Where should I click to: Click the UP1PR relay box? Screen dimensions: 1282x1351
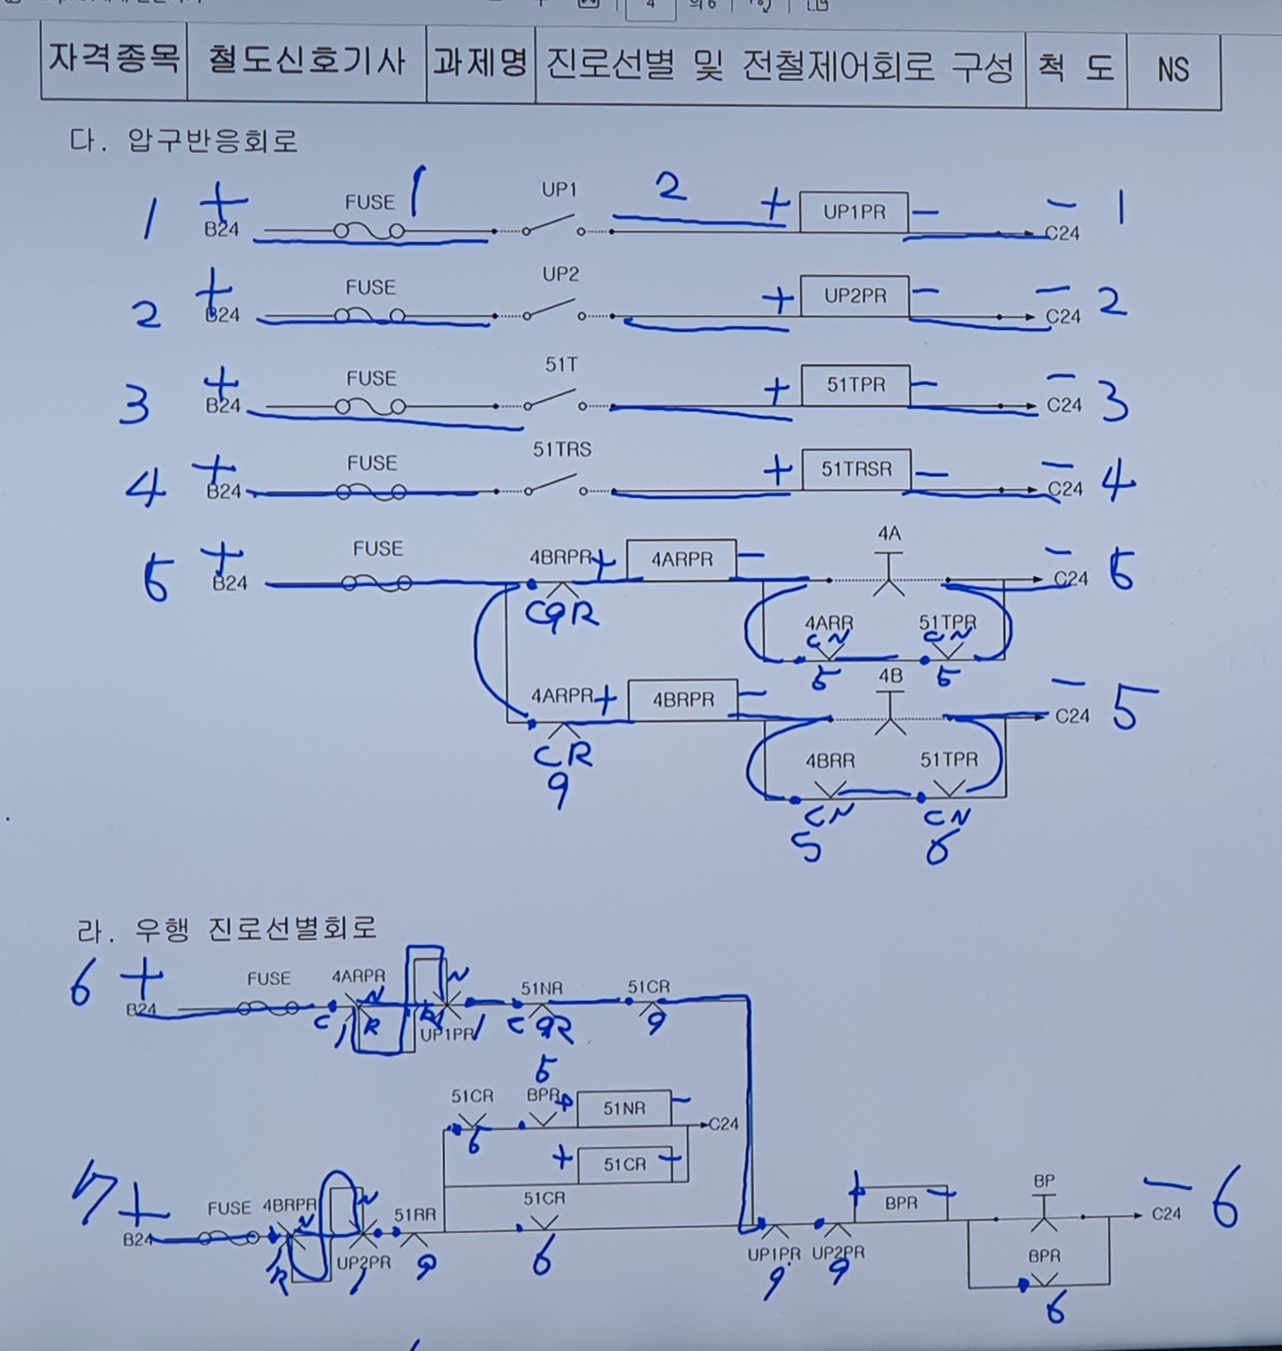click(x=854, y=212)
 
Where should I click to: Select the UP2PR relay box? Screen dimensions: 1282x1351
click(x=854, y=297)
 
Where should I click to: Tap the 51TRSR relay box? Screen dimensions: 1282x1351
click(x=856, y=469)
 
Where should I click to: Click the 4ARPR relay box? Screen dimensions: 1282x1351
click(x=681, y=560)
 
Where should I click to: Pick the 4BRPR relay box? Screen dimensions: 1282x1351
click(x=682, y=699)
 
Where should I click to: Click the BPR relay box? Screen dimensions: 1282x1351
click(x=901, y=1204)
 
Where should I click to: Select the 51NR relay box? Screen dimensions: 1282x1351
click(x=624, y=1108)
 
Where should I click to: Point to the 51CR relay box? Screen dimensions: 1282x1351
click(x=624, y=1165)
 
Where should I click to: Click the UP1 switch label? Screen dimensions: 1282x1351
click(x=559, y=190)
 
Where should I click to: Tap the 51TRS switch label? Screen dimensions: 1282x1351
click(x=562, y=449)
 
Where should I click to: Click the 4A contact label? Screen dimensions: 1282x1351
click(x=889, y=533)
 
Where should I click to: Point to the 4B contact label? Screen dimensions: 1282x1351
click(x=890, y=676)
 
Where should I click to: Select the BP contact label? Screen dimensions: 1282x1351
click(x=1044, y=1181)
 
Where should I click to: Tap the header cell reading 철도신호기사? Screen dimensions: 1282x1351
click(x=306, y=62)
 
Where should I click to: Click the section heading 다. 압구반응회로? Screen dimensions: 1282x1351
click(x=184, y=140)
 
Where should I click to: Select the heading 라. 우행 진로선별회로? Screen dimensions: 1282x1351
click(x=227, y=929)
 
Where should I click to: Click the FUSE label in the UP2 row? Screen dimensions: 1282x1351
click(x=370, y=287)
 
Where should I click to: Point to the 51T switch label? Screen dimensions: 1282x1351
click(x=561, y=365)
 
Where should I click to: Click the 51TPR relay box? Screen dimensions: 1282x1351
click(x=856, y=385)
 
